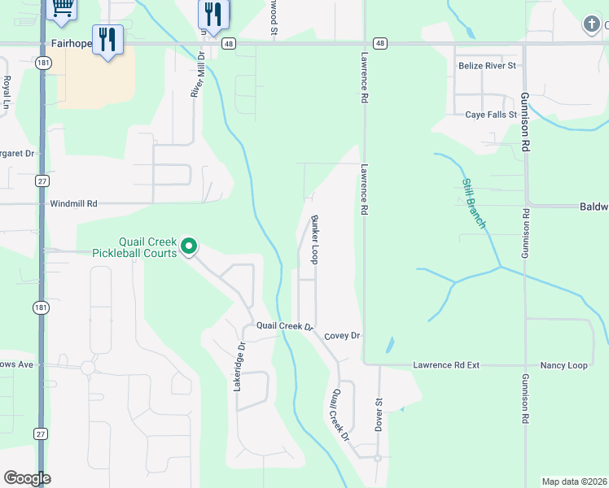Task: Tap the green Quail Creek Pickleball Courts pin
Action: pos(189,245)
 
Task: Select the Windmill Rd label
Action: pos(73,204)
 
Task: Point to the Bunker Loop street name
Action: pos(314,239)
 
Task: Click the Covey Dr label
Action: pos(342,336)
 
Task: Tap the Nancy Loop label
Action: pos(565,366)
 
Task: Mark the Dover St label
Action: pos(379,414)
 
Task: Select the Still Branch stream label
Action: pos(474,203)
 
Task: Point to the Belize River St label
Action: pos(488,65)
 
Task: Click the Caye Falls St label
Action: pos(491,115)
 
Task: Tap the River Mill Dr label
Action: pos(196,74)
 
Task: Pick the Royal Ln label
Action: pos(7,93)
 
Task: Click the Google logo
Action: pos(27,478)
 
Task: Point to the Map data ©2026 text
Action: pos(574,481)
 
